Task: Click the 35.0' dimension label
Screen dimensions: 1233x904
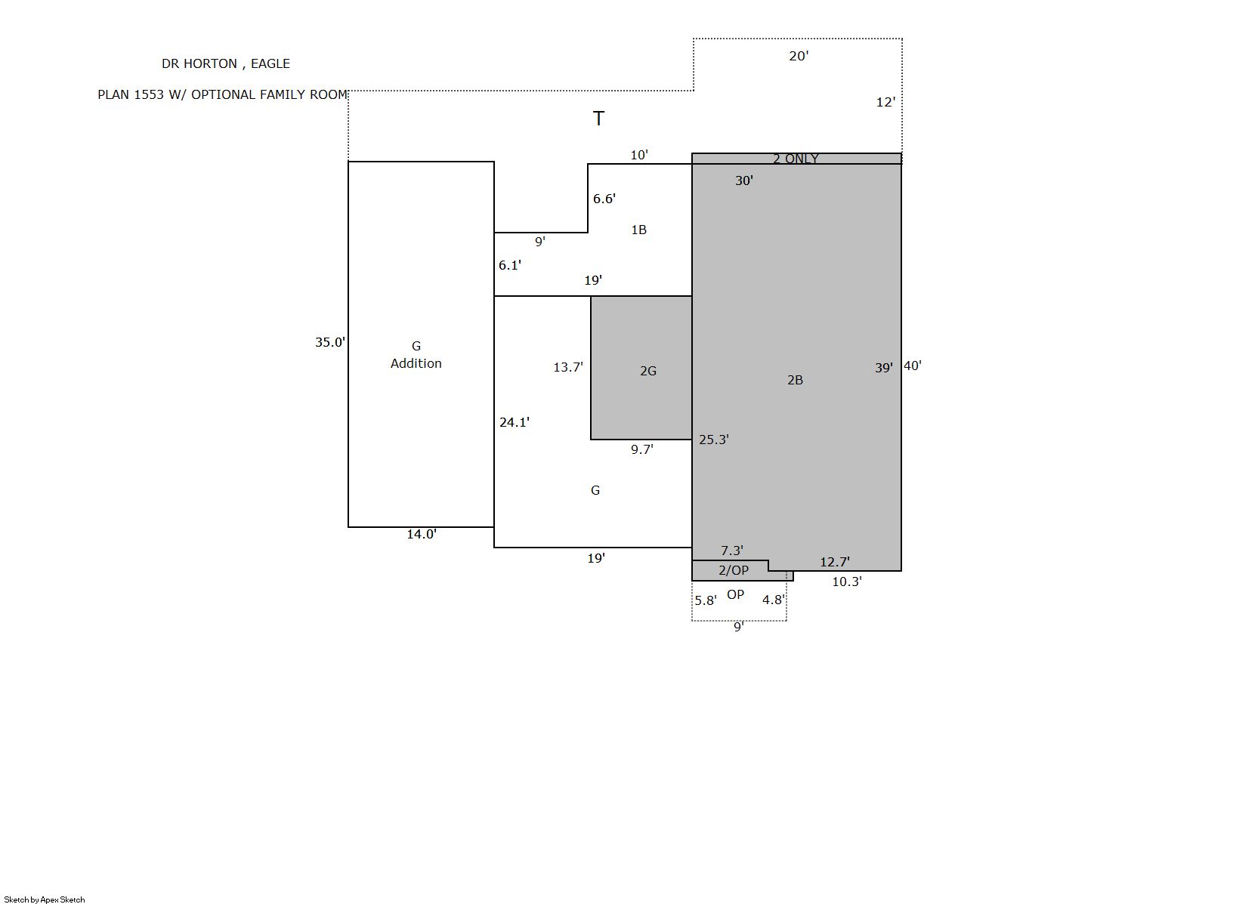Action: click(x=329, y=342)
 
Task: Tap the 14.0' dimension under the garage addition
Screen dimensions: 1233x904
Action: click(x=422, y=534)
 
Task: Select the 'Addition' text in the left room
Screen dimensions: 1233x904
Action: click(x=416, y=363)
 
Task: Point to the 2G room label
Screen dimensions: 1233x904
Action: click(x=648, y=371)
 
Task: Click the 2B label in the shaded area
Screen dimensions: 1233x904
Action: click(x=795, y=380)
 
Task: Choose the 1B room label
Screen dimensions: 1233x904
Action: click(x=638, y=230)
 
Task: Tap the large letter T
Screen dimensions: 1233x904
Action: click(x=598, y=119)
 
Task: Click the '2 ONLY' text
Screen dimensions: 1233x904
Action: click(x=796, y=159)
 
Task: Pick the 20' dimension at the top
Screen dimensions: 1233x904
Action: click(x=799, y=56)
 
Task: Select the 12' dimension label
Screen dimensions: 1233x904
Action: click(x=885, y=103)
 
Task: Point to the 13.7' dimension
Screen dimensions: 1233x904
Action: click(x=568, y=367)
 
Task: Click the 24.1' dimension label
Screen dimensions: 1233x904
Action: click(x=514, y=422)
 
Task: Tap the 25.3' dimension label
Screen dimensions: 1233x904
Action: click(x=714, y=440)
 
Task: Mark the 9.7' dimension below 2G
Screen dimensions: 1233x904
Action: click(x=642, y=449)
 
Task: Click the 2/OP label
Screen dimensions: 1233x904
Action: click(x=733, y=570)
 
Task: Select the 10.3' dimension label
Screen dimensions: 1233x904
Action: click(x=847, y=582)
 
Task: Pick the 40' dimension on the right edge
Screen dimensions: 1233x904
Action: click(x=913, y=366)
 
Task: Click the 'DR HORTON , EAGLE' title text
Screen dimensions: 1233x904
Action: click(x=226, y=64)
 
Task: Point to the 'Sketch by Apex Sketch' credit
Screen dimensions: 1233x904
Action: click(x=45, y=899)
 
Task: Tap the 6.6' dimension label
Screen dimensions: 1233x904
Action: click(x=604, y=199)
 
